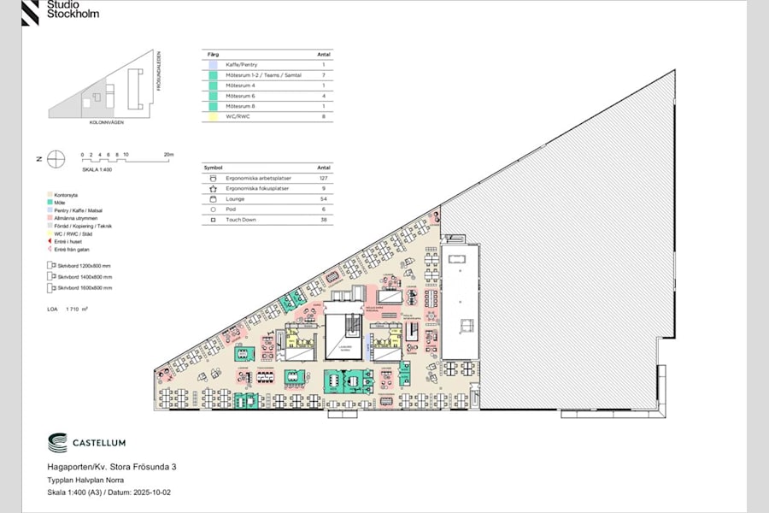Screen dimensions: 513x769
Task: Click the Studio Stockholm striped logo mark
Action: [x=32, y=11]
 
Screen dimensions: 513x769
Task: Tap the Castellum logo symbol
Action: [x=58, y=443]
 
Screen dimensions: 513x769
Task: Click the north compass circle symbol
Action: [x=56, y=158]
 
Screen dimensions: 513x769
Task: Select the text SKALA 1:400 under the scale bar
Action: [x=97, y=169]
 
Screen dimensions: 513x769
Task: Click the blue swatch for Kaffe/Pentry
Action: [x=213, y=65]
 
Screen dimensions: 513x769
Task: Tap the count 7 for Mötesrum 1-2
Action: [x=324, y=75]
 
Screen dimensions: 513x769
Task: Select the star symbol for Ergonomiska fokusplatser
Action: [x=214, y=188]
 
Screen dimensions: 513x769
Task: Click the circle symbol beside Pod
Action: [x=214, y=209]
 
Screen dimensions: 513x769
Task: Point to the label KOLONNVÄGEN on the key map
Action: [x=107, y=123]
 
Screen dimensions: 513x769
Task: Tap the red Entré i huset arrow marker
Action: [x=50, y=242]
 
